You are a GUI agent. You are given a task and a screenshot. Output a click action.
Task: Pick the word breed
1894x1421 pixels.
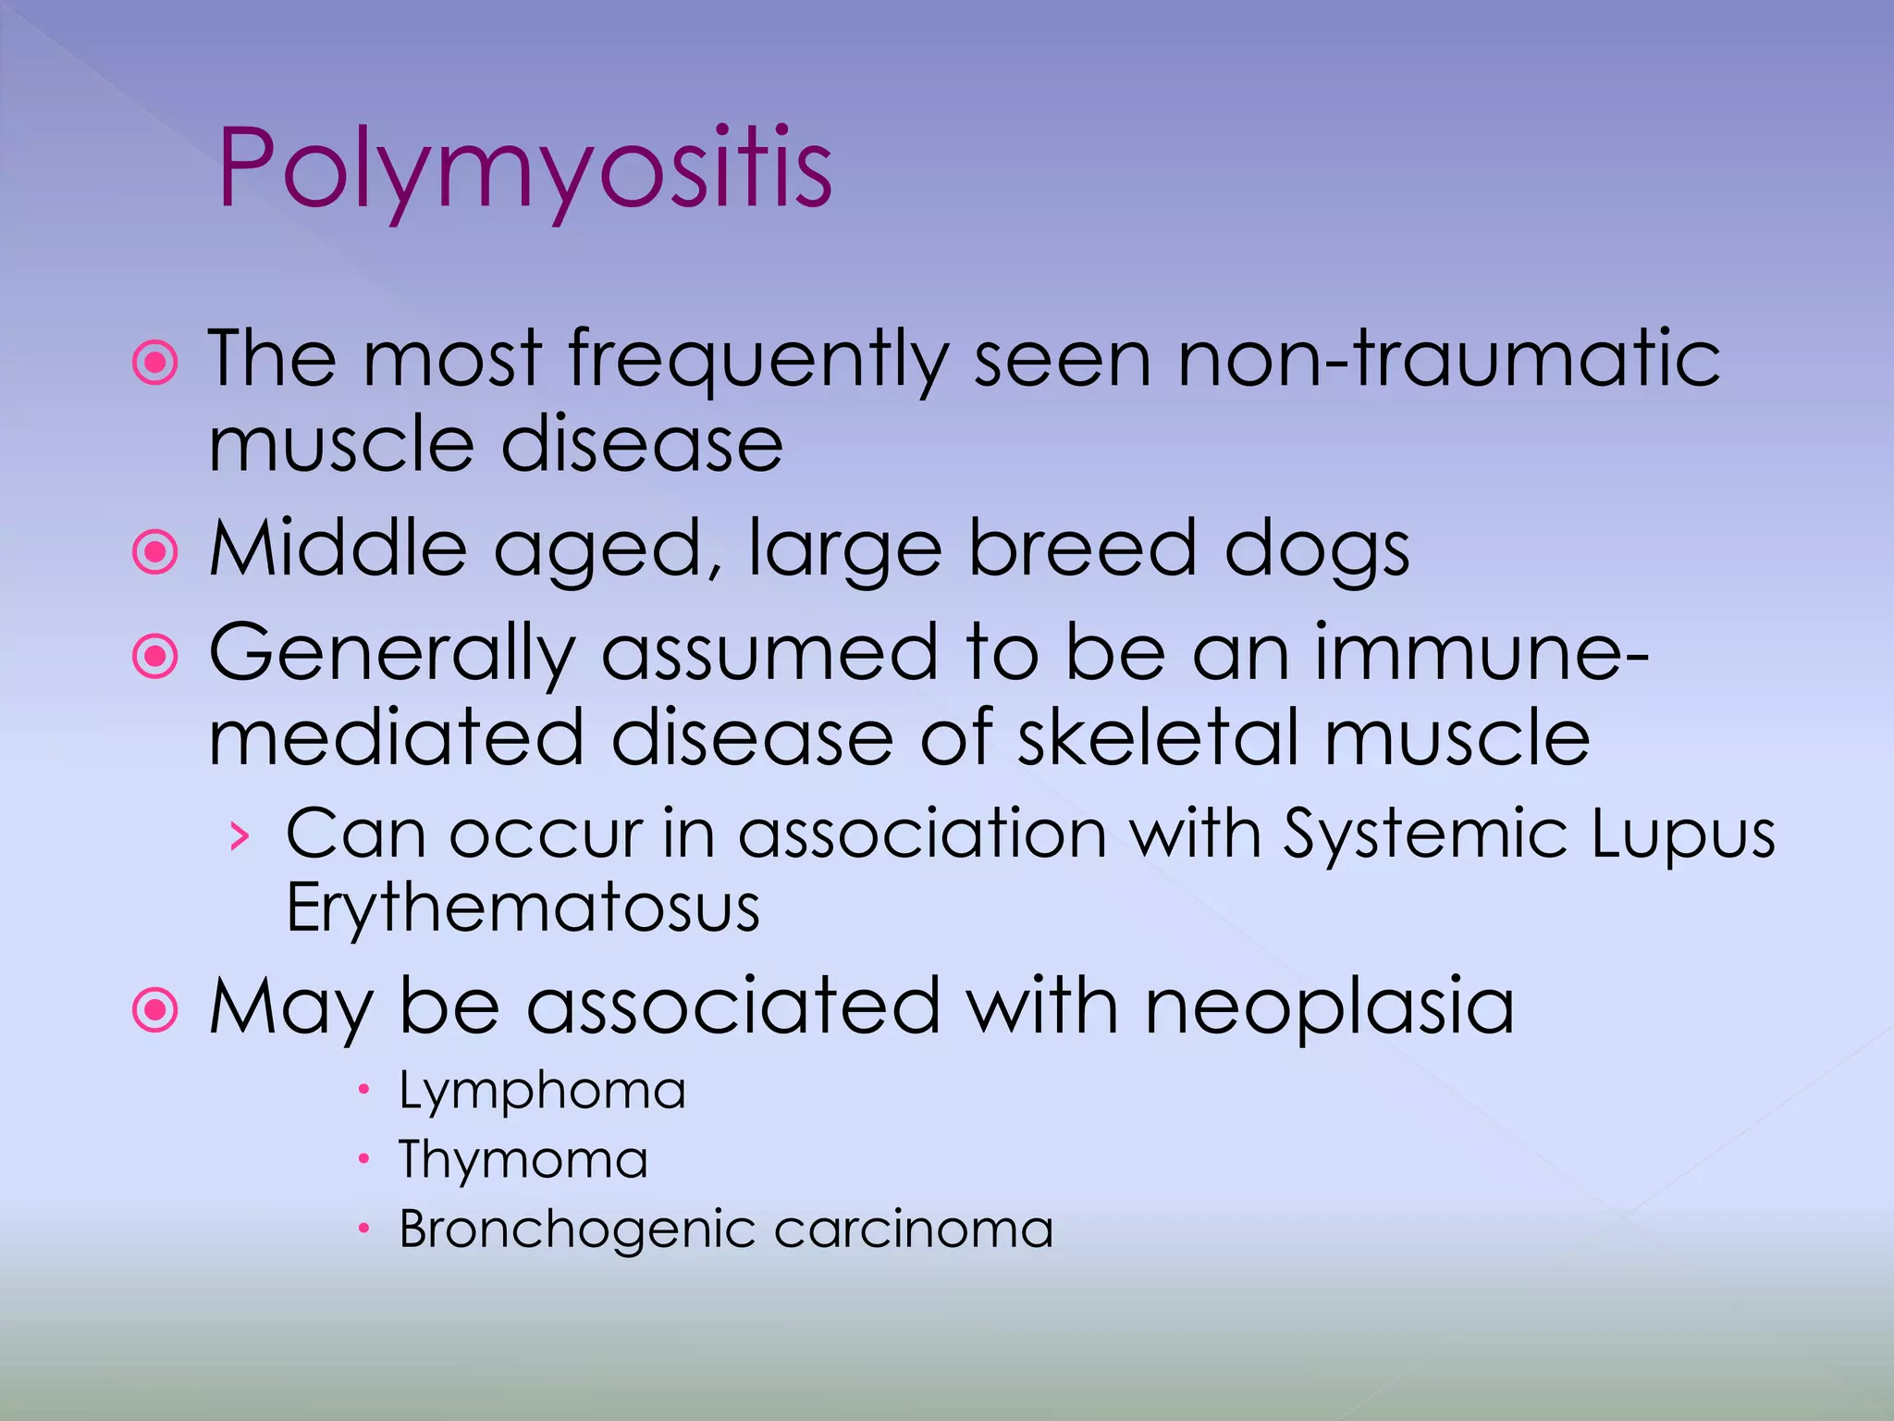pos(1081,549)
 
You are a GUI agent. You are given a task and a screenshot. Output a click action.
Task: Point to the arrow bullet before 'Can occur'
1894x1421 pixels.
pos(240,836)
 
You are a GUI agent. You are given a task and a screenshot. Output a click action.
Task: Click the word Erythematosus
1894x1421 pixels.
pos(523,908)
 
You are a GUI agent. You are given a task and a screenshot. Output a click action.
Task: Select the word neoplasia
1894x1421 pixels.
pos(1330,1007)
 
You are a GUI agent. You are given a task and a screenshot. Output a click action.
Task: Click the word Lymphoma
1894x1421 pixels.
pos(542,1092)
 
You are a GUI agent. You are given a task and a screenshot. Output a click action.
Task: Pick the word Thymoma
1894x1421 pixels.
pos(523,1161)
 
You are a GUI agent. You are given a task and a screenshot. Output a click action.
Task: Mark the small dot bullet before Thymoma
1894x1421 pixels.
pos(364,1159)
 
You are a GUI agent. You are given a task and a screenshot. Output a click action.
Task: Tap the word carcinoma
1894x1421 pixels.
pos(914,1230)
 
